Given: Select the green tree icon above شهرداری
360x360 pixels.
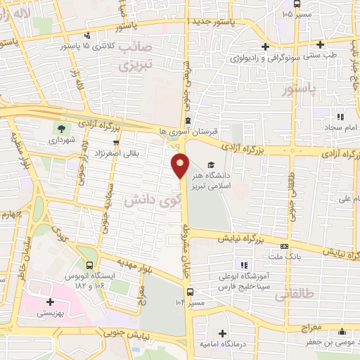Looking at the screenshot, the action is pyautogui.click(x=60, y=128).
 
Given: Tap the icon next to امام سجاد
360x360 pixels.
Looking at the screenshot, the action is pyautogui.click(x=340, y=117).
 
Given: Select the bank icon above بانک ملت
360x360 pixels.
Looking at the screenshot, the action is pyautogui.click(x=284, y=247).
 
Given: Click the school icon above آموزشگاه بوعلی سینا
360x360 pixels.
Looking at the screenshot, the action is pyautogui.click(x=243, y=265).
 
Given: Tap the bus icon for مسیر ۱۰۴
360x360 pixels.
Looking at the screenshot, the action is pyautogui.click(x=190, y=292).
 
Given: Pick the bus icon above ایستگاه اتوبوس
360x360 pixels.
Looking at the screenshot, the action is pyautogui.click(x=89, y=265).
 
